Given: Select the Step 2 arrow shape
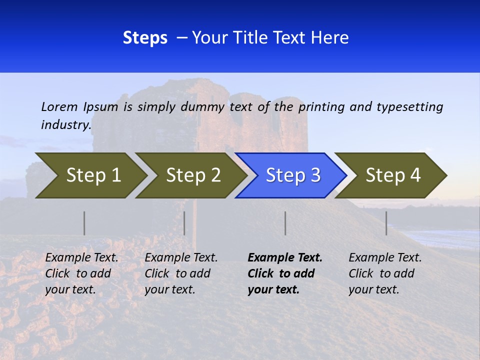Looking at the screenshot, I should [192, 175].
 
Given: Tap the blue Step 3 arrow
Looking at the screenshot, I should [292, 175].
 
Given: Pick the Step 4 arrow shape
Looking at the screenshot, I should [392, 175].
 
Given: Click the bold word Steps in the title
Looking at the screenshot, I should [145, 38].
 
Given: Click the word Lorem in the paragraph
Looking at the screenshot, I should [59, 106].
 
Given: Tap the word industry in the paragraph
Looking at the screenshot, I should [66, 125].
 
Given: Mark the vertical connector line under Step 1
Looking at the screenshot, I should [84, 223].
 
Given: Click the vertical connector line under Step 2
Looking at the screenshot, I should [184, 223].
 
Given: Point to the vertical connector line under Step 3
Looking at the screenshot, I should [285, 223].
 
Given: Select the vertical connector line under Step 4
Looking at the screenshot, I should [386, 223].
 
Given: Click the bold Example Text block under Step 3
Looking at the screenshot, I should [285, 273].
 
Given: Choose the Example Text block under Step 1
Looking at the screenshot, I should [81, 273].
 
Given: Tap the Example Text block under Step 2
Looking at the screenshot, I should [181, 273].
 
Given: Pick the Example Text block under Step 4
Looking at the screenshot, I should [385, 273].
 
